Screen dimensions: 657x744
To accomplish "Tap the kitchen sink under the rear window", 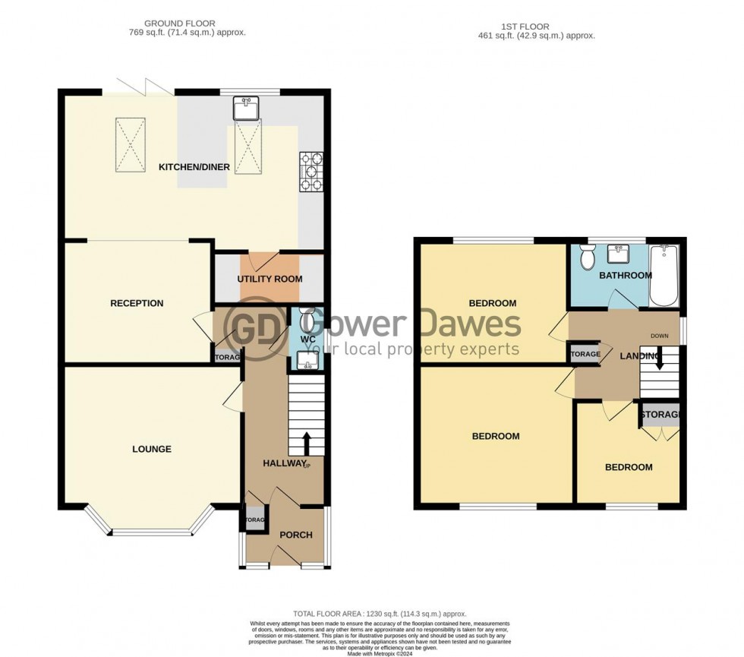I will (x=246, y=109).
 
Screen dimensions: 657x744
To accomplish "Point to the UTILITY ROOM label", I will (x=270, y=279).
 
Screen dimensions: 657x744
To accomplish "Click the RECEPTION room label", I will (x=137, y=303).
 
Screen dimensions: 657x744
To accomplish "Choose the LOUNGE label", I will (x=152, y=449).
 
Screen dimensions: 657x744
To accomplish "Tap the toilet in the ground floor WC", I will (x=306, y=317).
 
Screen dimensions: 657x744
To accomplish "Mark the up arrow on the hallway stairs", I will (x=307, y=441).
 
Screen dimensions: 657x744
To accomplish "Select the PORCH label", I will (x=296, y=535).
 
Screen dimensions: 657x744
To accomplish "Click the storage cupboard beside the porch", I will (x=254, y=520).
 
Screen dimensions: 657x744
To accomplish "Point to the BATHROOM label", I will (x=625, y=275).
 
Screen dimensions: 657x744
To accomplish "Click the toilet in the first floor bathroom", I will (x=587, y=258).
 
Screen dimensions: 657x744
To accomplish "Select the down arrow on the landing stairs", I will (x=659, y=362).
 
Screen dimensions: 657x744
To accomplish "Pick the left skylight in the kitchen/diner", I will (x=131, y=144).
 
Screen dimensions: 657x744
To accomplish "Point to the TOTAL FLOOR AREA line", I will (x=380, y=613).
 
